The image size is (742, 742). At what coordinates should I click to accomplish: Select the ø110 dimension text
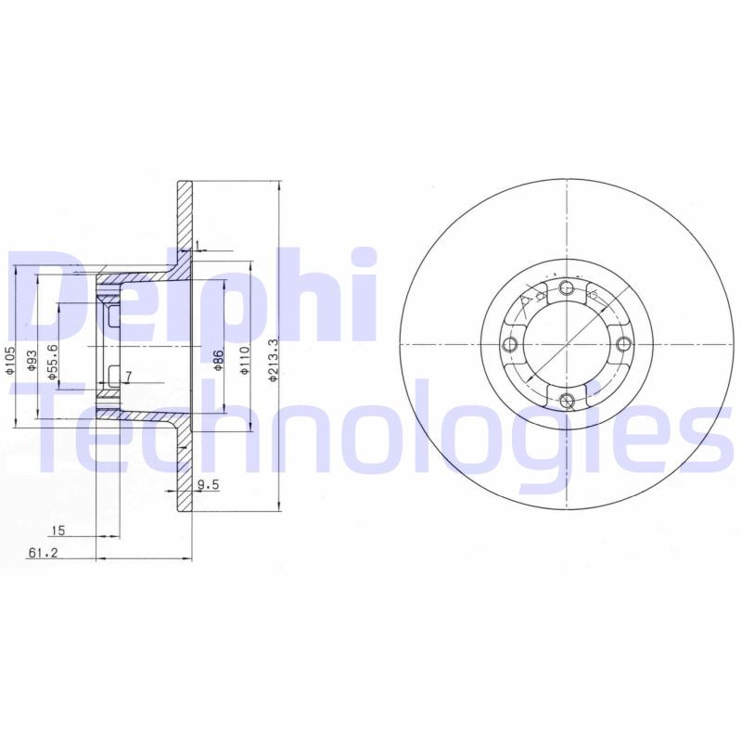tap(245, 359)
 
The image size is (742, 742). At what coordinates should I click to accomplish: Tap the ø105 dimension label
tap(10, 360)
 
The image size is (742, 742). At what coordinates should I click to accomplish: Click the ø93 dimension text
tap(32, 360)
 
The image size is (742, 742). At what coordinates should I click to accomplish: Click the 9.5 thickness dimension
tap(208, 483)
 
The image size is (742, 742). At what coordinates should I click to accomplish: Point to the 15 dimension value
tap(58, 531)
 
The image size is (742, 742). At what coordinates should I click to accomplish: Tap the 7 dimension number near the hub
tap(128, 377)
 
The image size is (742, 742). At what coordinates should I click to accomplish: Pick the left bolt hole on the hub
tap(509, 346)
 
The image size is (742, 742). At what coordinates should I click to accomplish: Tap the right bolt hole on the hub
tap(623, 345)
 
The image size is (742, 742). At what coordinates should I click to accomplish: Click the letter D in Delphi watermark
tap(46, 297)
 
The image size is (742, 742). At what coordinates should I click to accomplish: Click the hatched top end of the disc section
tap(185, 213)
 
